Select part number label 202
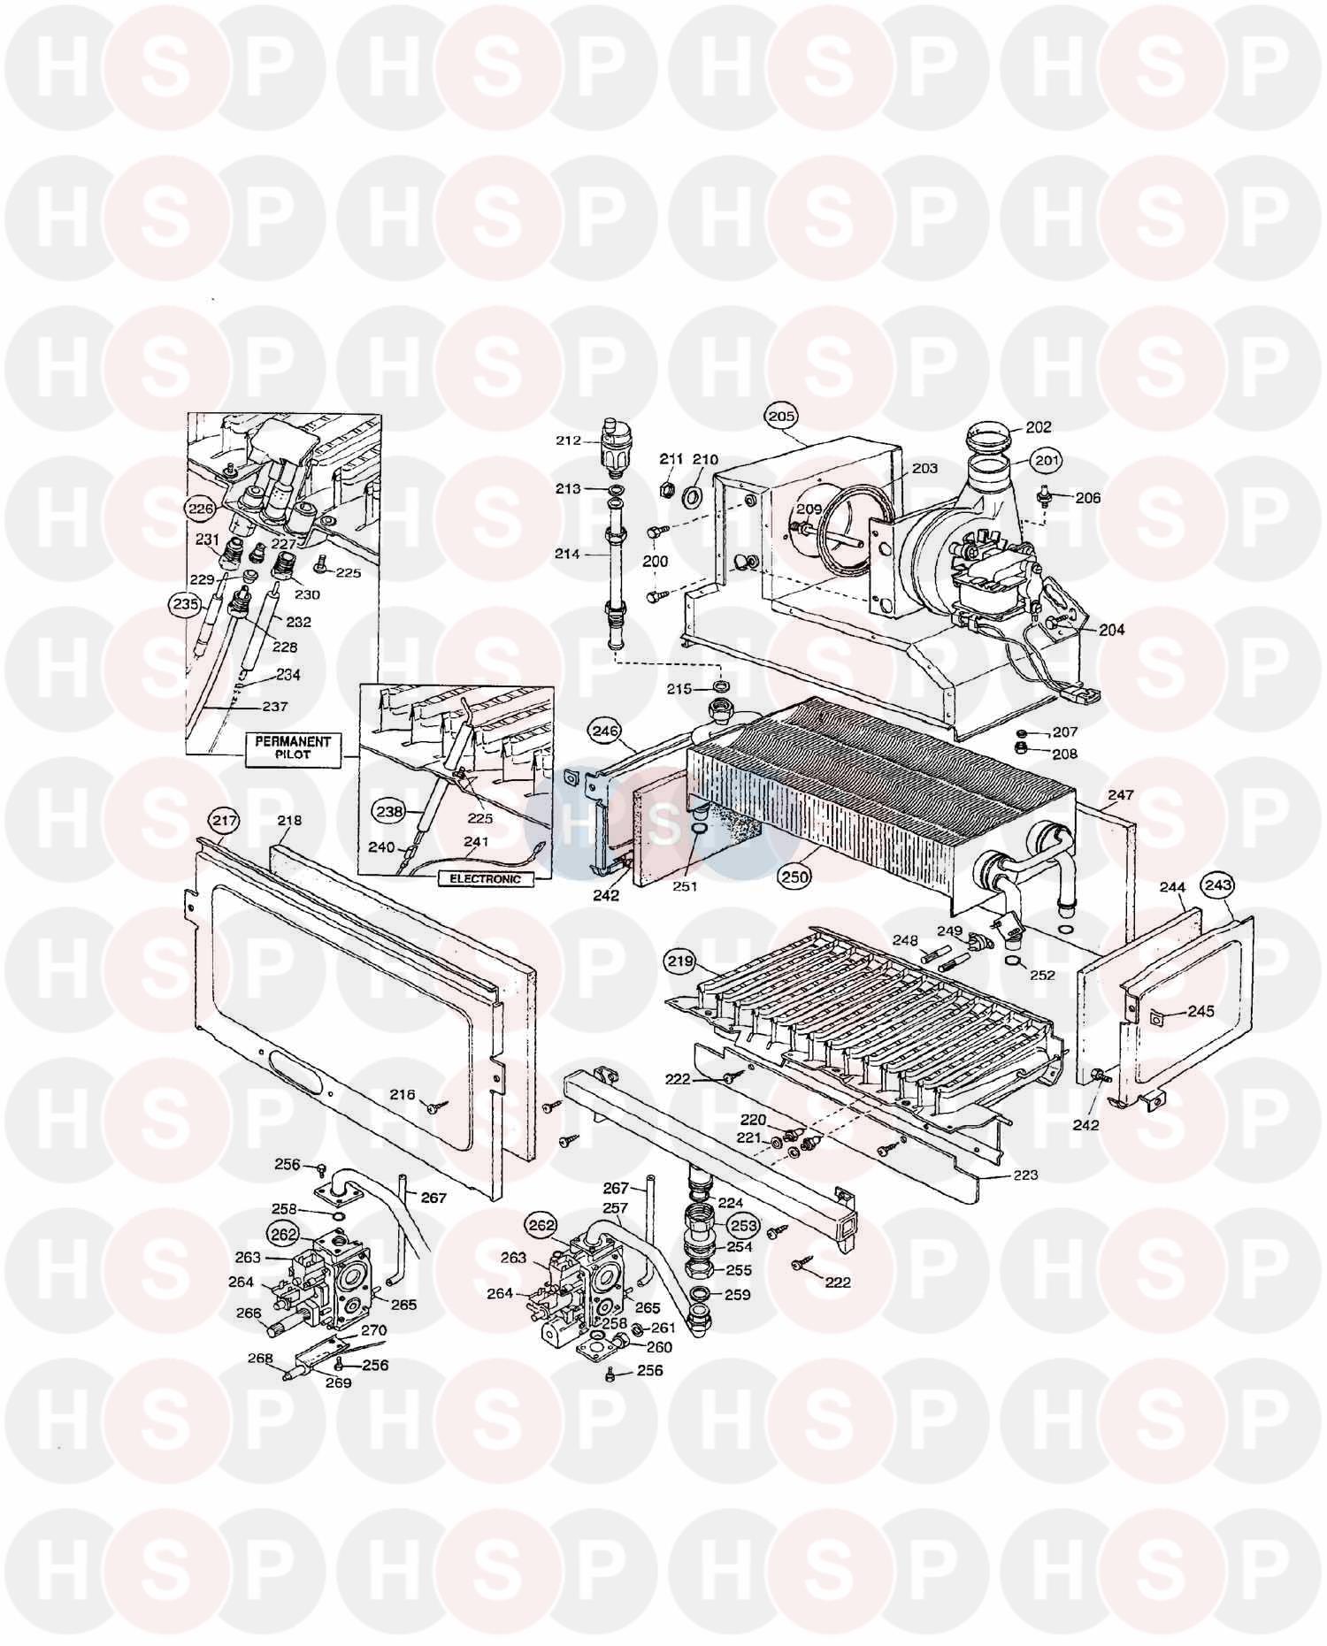1039,426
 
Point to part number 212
568,439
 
